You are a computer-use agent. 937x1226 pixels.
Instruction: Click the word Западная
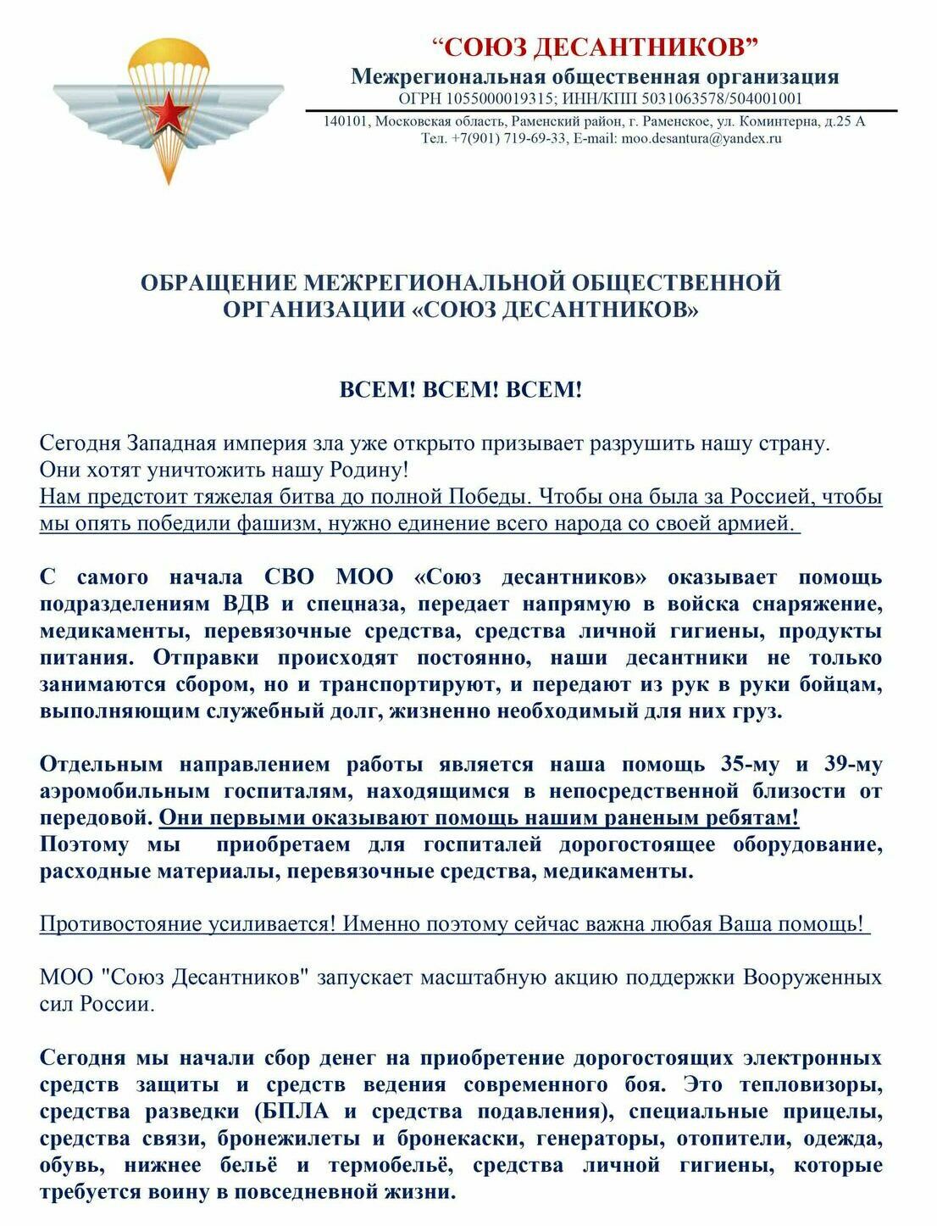click(x=175, y=443)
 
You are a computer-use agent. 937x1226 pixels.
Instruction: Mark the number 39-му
click(x=853, y=765)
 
